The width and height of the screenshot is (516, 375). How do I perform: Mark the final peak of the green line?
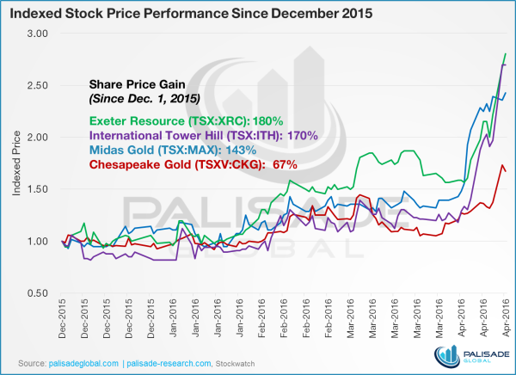[x=504, y=54]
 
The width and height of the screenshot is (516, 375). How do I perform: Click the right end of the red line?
[x=506, y=171]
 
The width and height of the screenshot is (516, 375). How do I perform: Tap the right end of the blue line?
[x=506, y=92]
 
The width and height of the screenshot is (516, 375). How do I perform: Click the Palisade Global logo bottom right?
[x=469, y=354]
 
